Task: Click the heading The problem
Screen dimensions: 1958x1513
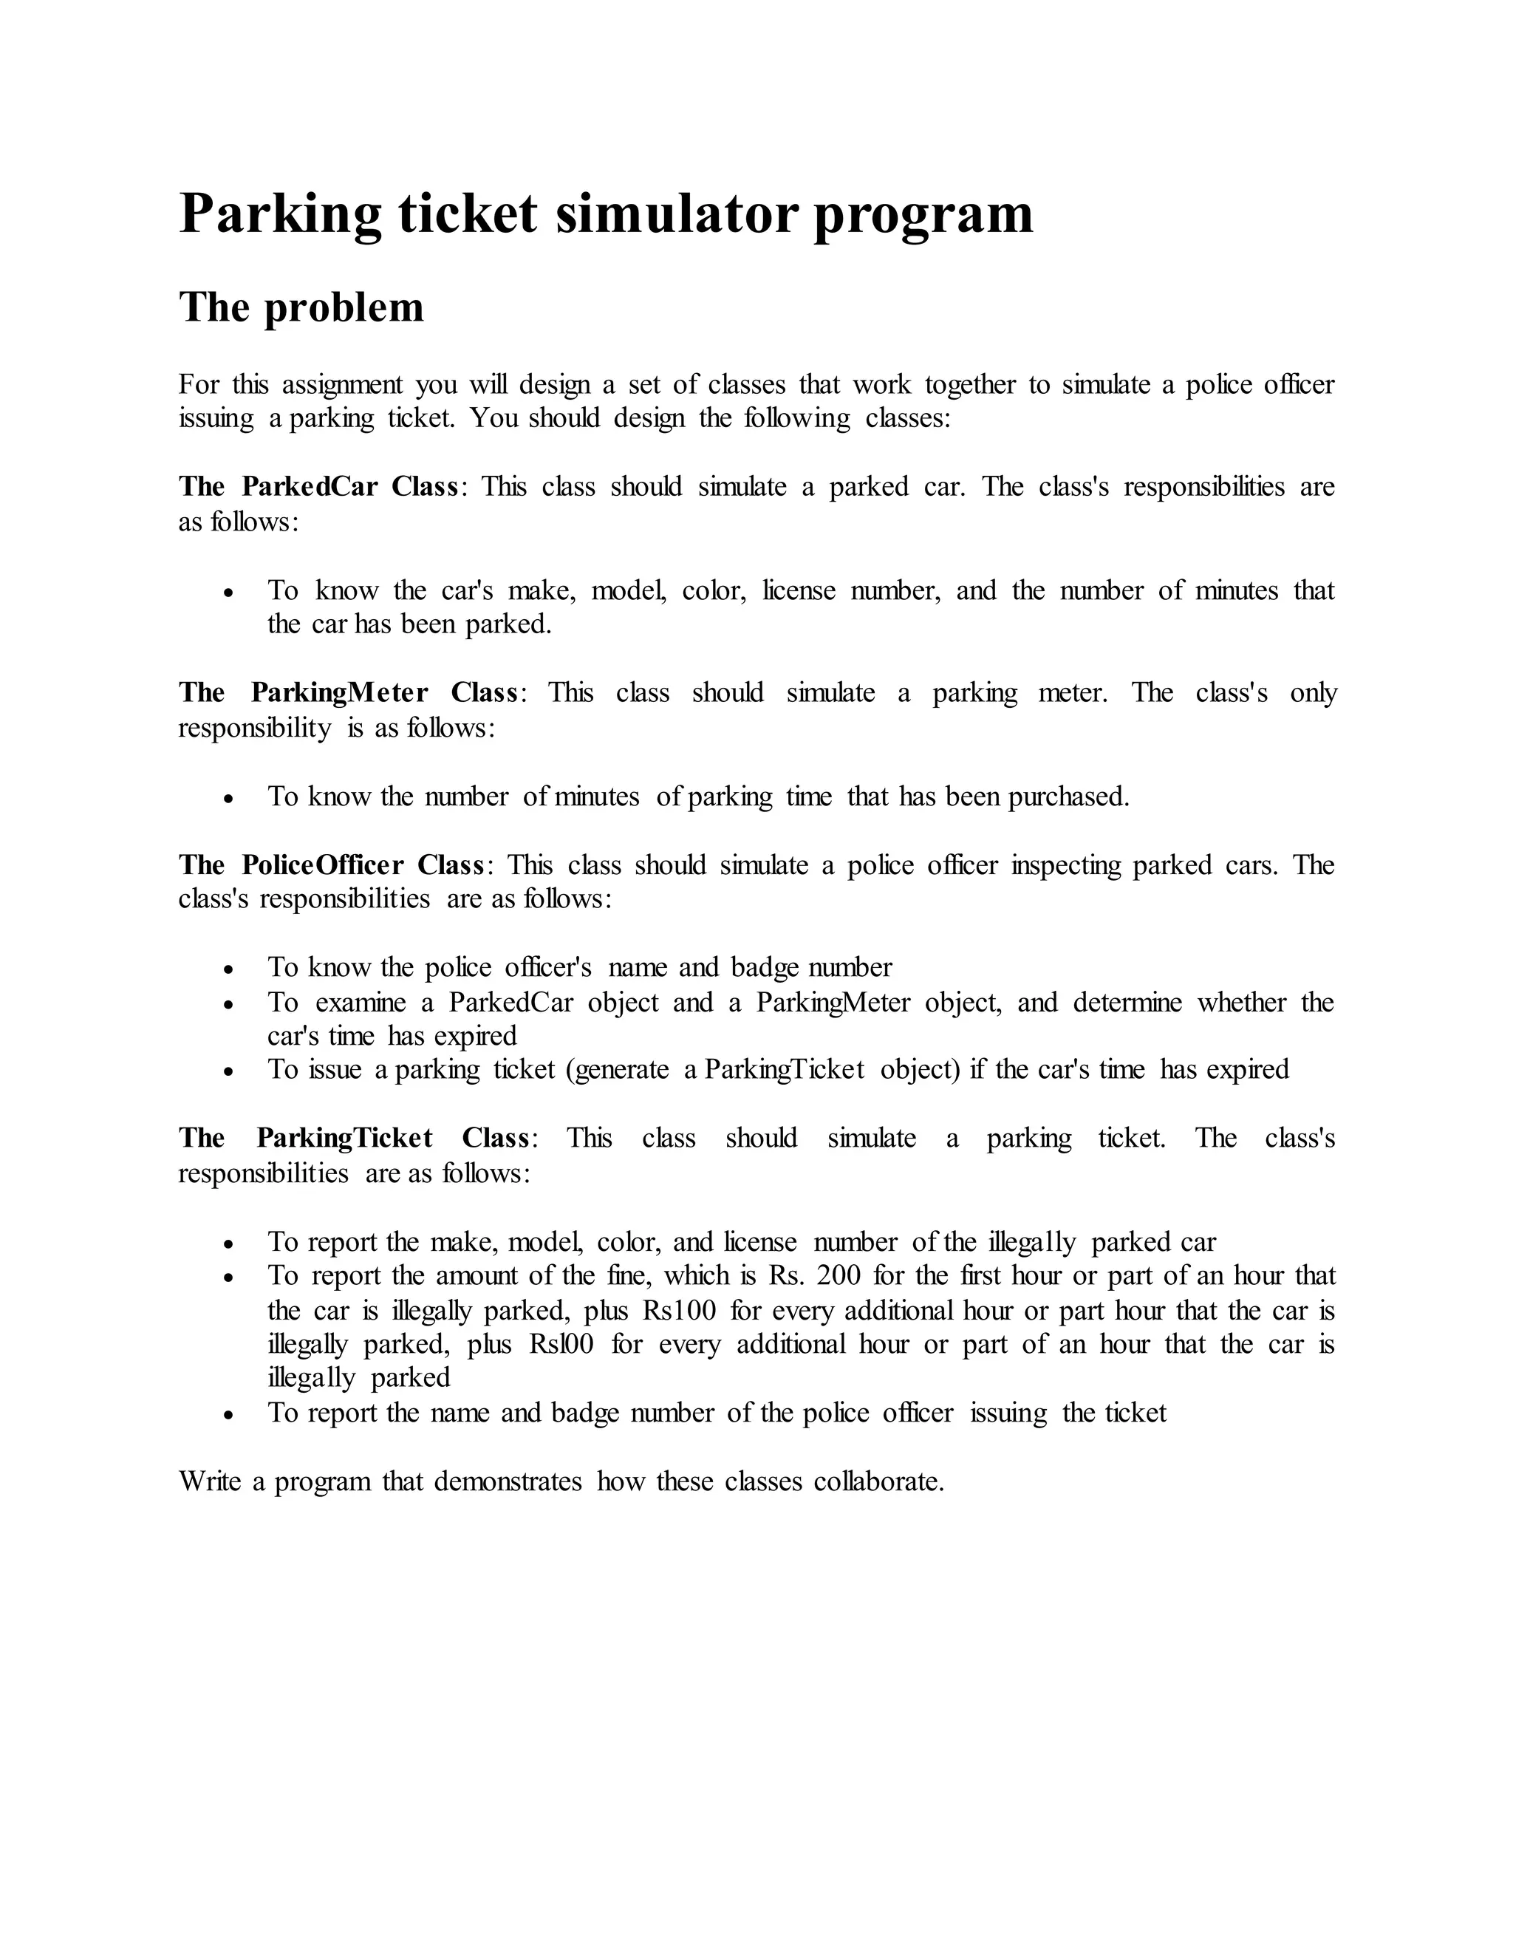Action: (301, 307)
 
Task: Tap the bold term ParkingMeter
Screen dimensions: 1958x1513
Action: (339, 693)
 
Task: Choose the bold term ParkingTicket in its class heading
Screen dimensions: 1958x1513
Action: (344, 1139)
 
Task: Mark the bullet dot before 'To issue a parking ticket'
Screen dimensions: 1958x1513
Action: (230, 1071)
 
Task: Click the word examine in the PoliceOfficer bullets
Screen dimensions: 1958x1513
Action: (361, 1003)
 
